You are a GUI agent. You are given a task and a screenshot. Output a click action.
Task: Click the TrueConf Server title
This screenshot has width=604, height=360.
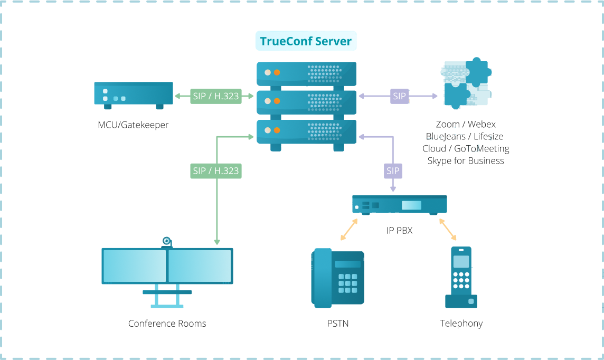(x=306, y=41)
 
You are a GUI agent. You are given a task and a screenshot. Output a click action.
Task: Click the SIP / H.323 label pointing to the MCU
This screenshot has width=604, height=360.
(x=215, y=97)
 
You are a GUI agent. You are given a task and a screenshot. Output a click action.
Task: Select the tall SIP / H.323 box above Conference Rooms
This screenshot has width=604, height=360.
(x=215, y=195)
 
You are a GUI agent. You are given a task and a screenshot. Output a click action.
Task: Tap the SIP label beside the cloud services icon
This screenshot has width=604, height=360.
(x=400, y=96)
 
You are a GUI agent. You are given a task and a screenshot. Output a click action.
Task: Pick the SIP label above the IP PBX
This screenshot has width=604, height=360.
(x=393, y=170)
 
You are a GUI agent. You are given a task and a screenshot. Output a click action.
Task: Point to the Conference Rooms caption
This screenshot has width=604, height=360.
(x=167, y=324)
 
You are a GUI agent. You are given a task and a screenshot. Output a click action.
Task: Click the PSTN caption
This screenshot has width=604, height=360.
(x=338, y=324)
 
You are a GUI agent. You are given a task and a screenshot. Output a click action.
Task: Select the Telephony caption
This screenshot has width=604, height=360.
(x=461, y=324)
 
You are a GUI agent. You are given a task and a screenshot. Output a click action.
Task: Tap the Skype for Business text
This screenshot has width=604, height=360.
(x=465, y=161)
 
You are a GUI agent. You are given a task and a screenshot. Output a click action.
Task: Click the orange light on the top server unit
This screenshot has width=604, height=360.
(x=277, y=72)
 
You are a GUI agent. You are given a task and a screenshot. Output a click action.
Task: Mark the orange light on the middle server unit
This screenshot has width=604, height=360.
(x=277, y=101)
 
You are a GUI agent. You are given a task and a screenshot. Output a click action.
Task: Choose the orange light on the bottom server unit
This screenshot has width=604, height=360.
(x=277, y=130)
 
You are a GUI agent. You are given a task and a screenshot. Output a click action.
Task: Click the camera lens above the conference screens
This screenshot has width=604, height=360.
(x=166, y=241)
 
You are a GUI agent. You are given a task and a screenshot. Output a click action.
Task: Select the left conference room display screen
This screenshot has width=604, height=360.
(x=135, y=266)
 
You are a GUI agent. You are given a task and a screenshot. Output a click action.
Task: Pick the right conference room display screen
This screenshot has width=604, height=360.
(x=200, y=266)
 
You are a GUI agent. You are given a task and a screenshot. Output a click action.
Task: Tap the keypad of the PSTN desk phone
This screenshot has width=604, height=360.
(x=347, y=283)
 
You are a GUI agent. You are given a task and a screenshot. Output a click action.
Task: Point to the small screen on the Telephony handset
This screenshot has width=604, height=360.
(x=461, y=261)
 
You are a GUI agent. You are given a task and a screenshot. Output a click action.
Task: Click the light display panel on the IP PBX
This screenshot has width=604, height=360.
(x=411, y=205)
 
